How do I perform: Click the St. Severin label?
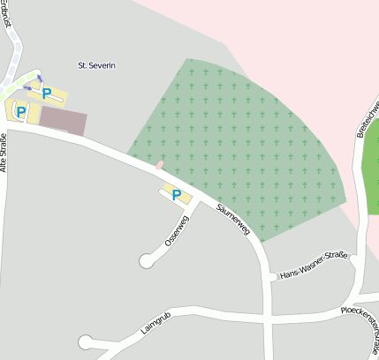97,65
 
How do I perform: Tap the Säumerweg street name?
232,219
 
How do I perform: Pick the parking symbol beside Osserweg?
176,194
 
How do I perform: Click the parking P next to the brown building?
21,112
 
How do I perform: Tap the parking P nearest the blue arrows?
47,92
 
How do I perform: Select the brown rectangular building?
64,122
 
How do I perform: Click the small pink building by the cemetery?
159,164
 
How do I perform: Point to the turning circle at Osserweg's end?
147,260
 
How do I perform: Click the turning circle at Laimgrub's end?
86,342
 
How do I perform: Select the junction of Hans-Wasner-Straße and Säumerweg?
269,277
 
